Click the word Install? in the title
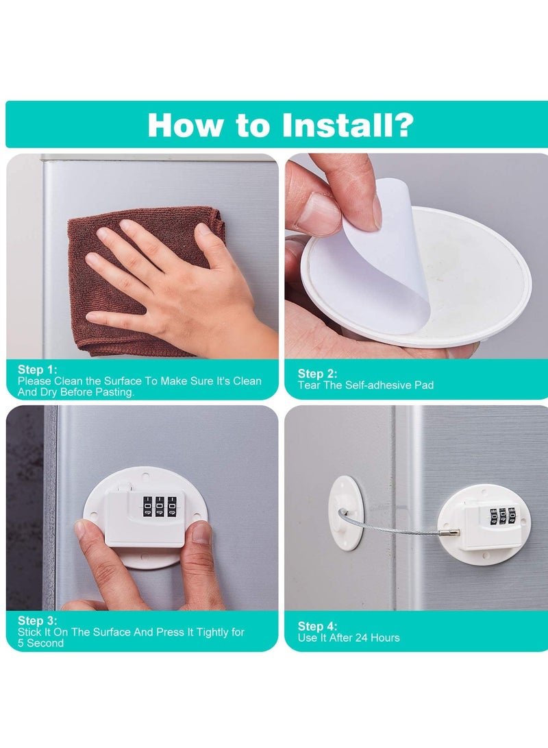click(x=348, y=125)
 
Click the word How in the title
click(x=186, y=125)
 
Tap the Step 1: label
click(x=37, y=370)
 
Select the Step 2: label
click(x=317, y=374)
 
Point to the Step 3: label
click(x=37, y=620)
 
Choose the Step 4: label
click(x=317, y=627)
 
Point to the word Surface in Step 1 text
click(x=123, y=381)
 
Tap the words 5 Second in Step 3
click(x=40, y=643)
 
